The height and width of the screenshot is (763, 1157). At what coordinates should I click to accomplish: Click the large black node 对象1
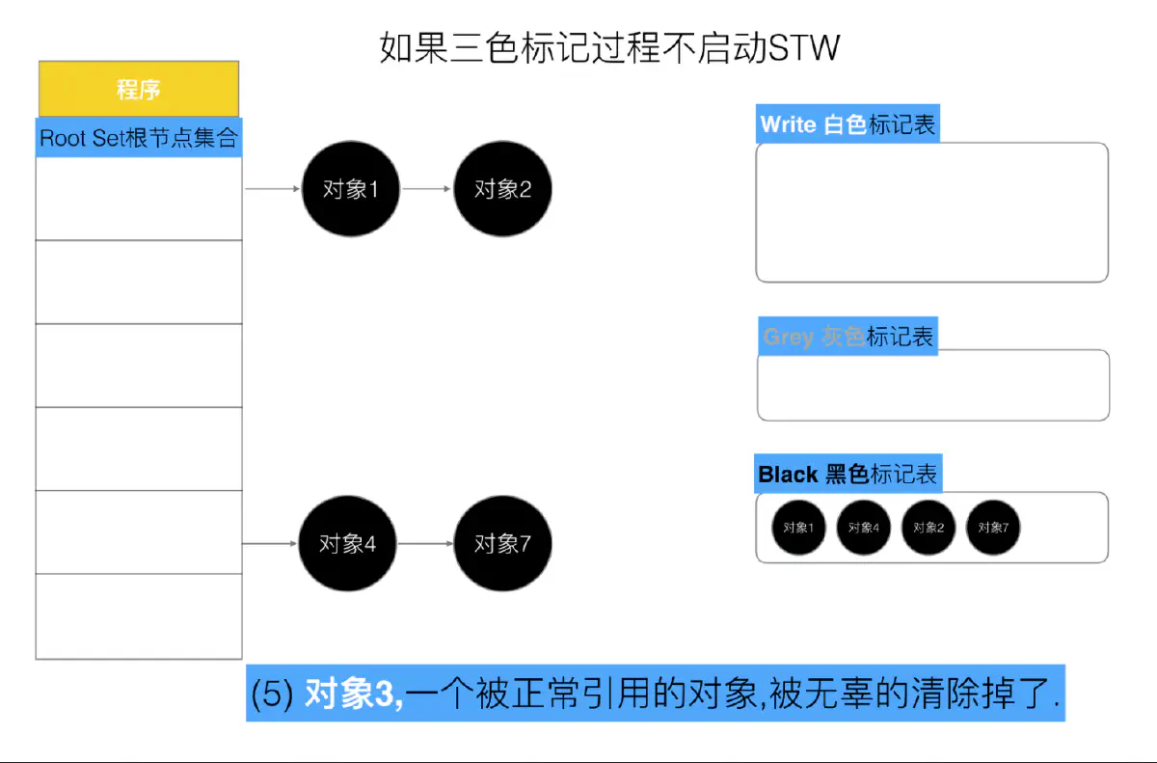350,189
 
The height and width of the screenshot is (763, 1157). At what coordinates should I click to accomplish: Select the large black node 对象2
502,189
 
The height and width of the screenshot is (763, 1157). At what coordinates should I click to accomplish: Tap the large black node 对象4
347,544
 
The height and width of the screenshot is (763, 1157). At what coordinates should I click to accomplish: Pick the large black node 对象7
502,544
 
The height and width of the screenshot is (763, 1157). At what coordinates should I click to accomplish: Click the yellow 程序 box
138,90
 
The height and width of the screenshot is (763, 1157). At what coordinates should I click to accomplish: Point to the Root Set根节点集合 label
138,138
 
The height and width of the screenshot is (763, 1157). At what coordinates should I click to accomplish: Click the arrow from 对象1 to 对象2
426,189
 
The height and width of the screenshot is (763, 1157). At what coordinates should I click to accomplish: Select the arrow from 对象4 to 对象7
425,544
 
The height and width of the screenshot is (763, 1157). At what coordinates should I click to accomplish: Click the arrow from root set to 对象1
273,189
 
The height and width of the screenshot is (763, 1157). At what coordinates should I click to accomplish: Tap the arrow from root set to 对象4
270,544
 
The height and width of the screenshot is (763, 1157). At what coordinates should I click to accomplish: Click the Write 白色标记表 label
848,124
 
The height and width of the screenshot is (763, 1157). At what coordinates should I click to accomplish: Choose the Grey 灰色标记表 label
848,337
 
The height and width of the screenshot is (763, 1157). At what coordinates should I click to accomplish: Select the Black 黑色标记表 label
848,475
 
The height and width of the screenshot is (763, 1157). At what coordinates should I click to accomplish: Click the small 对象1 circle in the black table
798,528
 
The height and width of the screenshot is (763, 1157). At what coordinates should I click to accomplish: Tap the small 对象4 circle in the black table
863,528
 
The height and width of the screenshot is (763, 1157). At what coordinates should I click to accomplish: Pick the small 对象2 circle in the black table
928,528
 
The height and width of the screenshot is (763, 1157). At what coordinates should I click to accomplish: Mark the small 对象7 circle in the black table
993,528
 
